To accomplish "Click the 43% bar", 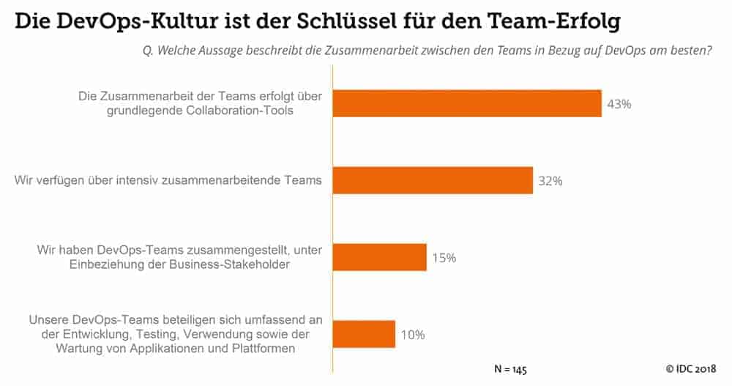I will [467, 103].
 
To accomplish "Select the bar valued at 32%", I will [433, 180].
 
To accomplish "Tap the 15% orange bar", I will [379, 257].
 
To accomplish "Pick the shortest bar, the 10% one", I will [364, 334].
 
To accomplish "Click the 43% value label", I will [619, 104].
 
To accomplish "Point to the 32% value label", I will [550, 181].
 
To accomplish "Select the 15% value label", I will [444, 258].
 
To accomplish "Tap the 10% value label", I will [412, 335].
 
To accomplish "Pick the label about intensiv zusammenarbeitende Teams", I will [168, 180].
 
